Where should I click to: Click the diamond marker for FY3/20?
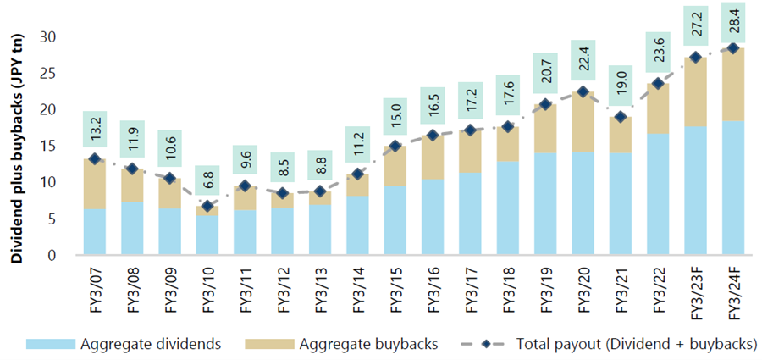[583, 92]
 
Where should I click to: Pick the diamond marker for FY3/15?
[395, 146]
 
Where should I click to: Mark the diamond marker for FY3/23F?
[695, 58]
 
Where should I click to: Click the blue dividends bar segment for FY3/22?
[658, 194]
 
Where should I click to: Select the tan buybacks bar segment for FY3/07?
[96, 184]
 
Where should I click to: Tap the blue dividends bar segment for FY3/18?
[508, 208]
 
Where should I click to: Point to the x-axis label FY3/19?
[545, 288]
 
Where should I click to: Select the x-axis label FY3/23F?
[695, 291]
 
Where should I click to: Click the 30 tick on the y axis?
[55, 37]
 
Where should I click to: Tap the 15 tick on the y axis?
[55, 146]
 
